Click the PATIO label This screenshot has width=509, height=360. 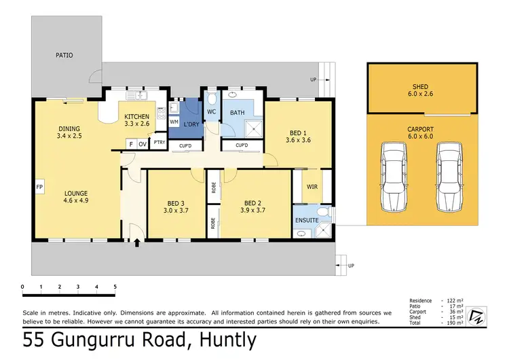click(64, 55)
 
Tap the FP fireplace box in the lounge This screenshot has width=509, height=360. click(39, 187)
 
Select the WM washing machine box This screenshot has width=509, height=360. click(174, 122)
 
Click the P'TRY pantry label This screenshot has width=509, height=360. click(159, 143)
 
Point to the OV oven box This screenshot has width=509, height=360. click(143, 144)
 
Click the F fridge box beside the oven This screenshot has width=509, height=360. click(131, 144)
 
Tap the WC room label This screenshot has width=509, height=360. click(211, 112)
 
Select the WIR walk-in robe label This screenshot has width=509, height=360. click(312, 187)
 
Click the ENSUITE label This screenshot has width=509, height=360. click(307, 220)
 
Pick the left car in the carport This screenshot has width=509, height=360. click(394, 177)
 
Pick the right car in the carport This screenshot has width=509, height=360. click(449, 177)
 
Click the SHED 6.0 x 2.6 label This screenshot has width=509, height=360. click(420, 90)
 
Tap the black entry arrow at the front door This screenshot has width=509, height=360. click(137, 242)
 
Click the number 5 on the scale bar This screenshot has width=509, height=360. click(115, 287)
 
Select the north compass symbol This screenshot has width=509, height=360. click(477, 316)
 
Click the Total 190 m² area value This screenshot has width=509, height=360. click(454, 323)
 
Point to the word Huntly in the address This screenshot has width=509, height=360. click(228, 340)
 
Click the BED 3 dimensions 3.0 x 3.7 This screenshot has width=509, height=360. click(176, 210)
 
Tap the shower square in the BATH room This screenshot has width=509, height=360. click(254, 128)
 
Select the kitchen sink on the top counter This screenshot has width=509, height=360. click(136, 95)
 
